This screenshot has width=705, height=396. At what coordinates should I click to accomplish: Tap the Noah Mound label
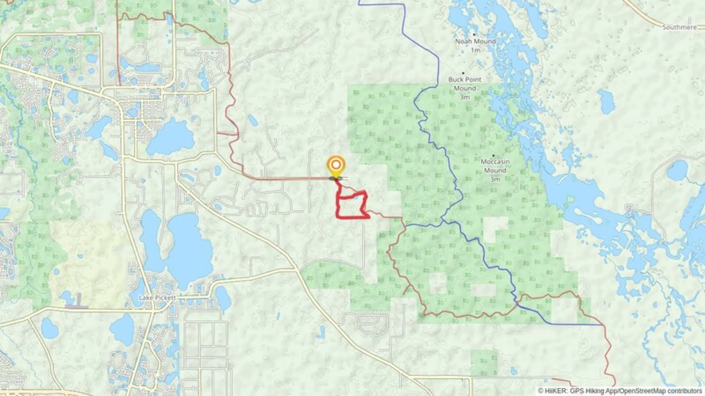[475, 41]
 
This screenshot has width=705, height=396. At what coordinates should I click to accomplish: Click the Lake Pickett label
[157, 298]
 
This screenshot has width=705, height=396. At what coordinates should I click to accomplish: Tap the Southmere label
[679, 27]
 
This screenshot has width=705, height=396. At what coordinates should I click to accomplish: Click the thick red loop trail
[352, 217]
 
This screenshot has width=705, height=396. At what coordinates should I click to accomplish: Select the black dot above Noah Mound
[474, 34]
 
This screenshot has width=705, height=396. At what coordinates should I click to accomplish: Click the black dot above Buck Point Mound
[463, 73]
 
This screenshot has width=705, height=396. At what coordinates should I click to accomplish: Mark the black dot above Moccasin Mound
[493, 155]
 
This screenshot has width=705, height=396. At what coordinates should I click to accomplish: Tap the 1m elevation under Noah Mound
[476, 50]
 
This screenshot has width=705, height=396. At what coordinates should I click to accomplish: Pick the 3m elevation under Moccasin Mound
[495, 179]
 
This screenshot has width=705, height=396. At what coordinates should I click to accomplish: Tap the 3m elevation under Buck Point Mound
[464, 97]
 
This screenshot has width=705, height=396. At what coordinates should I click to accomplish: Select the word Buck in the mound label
[456, 79]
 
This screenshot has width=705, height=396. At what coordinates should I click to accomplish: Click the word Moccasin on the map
[495, 161]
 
